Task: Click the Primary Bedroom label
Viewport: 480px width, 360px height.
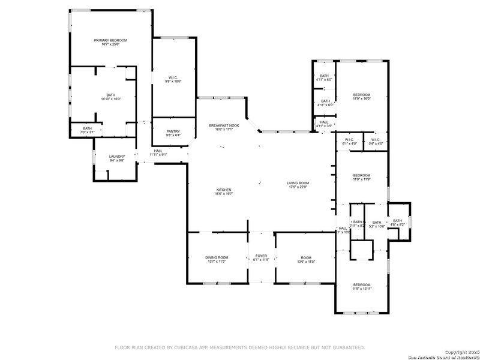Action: tap(110, 40)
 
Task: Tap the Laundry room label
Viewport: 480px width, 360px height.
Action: tap(117, 157)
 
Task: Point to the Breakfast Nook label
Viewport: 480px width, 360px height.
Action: tap(224, 125)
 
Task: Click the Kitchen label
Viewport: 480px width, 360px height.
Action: tap(224, 190)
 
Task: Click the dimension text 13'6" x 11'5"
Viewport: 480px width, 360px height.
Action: tap(306, 262)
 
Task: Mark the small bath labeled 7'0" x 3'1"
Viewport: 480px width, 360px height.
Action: tap(88, 130)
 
